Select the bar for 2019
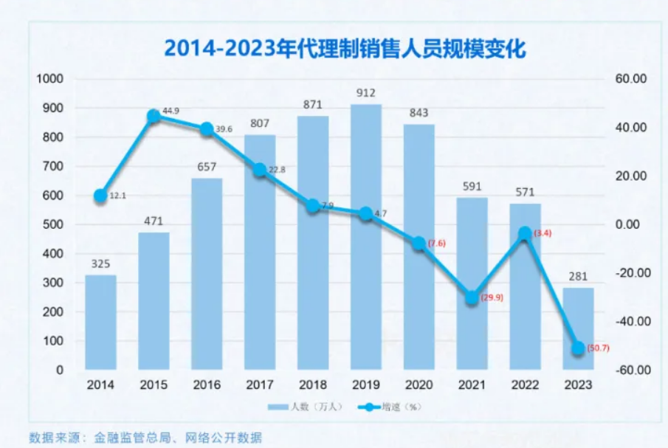click(x=365, y=236)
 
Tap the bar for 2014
click(x=100, y=322)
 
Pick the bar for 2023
click(x=578, y=328)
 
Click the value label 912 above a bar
click(x=365, y=93)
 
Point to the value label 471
click(x=154, y=221)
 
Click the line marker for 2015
click(x=154, y=116)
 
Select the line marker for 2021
click(x=472, y=297)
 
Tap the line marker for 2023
click(x=578, y=348)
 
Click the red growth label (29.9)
click(x=492, y=297)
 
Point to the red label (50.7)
click(x=599, y=348)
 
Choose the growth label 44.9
click(x=171, y=111)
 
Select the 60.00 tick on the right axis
click(x=632, y=79)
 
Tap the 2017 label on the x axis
click(x=259, y=385)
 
